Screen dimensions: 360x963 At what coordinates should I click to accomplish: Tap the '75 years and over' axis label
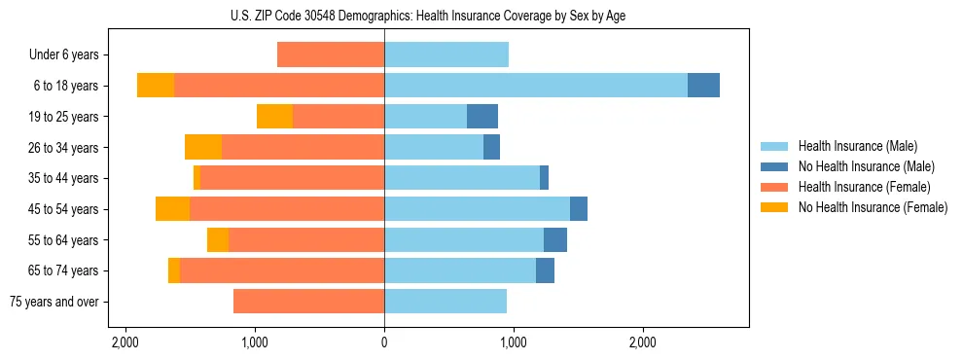click(54, 302)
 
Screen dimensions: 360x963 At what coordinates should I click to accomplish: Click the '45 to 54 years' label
click(64, 209)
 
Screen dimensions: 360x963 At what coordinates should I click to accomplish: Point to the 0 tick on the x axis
click(384, 342)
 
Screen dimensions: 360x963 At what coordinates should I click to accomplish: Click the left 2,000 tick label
click(125, 342)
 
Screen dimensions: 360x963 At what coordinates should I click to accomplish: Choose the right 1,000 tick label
click(514, 342)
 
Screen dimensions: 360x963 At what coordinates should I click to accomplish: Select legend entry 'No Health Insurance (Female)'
click(873, 207)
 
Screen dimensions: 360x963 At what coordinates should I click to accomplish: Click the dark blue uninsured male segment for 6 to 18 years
click(703, 86)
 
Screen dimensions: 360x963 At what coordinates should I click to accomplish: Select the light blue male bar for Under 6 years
click(446, 55)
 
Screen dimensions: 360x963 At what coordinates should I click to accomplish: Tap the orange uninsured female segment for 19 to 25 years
click(274, 117)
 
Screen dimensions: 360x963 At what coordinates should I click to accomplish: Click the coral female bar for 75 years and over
click(308, 302)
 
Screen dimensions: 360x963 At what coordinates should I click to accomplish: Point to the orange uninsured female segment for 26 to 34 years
click(203, 147)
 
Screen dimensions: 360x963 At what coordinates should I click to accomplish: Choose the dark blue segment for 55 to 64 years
click(554, 240)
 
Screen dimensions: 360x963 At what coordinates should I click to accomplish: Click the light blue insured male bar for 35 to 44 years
click(462, 178)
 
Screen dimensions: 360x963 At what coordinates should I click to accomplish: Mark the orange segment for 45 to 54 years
click(172, 209)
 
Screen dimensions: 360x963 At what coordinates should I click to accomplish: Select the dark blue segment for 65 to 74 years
click(545, 270)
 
